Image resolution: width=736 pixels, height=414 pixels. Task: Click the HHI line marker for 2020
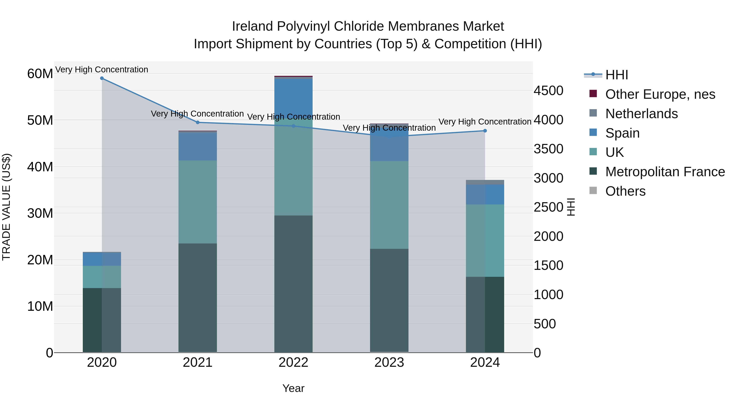click(102, 78)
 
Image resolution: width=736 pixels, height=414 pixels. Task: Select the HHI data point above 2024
click(485, 131)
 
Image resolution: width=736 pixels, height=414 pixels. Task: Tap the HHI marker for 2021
click(197, 122)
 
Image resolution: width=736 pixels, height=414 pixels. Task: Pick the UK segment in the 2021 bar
click(197, 202)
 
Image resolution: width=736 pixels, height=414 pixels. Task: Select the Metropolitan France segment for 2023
click(389, 300)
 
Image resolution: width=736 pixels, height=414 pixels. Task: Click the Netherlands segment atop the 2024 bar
click(485, 182)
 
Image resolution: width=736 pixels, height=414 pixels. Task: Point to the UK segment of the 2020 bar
click(102, 277)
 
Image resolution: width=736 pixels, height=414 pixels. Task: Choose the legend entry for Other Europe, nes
click(660, 94)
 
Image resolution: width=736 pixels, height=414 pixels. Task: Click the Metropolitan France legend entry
click(665, 172)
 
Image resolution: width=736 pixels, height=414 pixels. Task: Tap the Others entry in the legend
click(625, 191)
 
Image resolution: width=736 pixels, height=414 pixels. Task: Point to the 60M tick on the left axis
click(40, 74)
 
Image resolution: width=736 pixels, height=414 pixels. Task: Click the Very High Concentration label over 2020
click(102, 70)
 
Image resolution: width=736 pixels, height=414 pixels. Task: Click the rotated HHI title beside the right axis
click(571, 207)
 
